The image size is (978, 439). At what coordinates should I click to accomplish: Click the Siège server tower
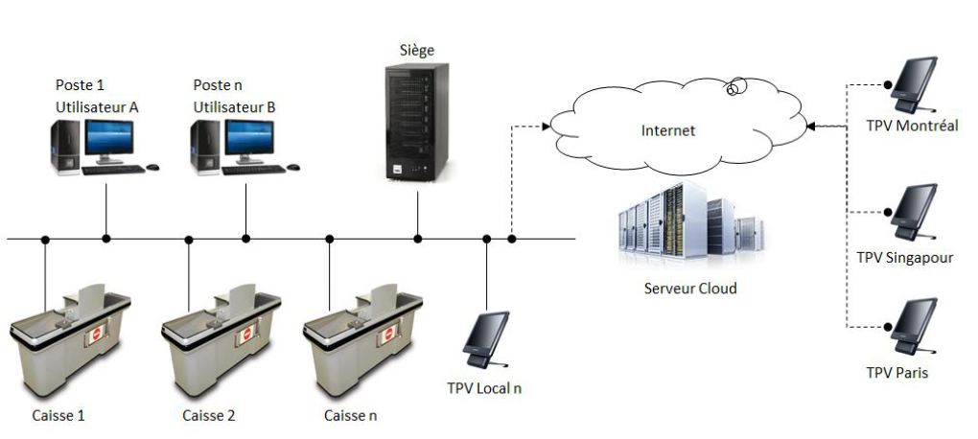coord(413,124)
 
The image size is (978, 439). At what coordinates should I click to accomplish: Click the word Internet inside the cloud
coord(668,130)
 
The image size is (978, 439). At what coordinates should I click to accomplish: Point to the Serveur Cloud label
coord(689,288)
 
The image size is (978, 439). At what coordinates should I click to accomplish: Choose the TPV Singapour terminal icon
coord(912,213)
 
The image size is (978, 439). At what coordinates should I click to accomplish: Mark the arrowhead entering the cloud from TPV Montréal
coord(811,126)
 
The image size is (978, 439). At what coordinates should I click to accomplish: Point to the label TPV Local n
coord(484,388)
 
